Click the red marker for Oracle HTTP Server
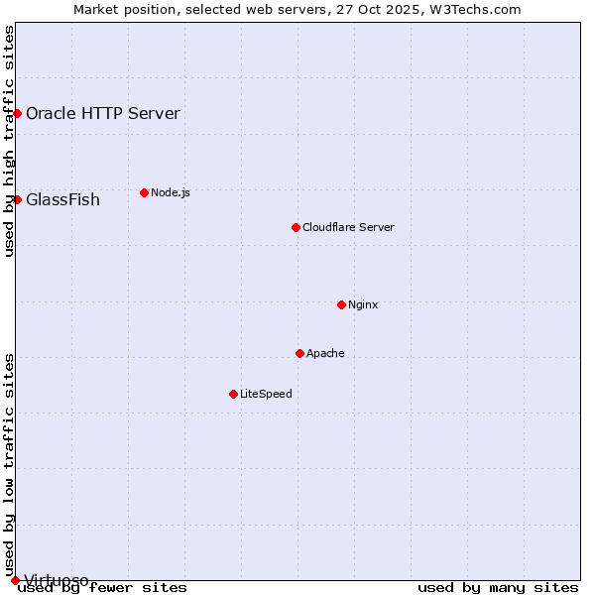(17, 113)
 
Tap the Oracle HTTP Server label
(103, 113)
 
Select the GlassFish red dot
(17, 199)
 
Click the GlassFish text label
(62, 199)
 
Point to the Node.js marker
(144, 192)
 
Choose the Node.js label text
(171, 192)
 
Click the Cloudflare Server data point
(296, 227)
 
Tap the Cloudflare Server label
(348, 227)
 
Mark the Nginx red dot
(341, 304)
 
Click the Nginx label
(363, 304)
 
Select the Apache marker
(299, 353)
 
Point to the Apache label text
(325, 353)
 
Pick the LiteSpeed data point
(233, 394)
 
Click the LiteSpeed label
(266, 394)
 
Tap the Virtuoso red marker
(15, 580)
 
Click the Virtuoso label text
(57, 580)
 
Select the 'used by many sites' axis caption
(498, 588)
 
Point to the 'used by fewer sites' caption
(102, 588)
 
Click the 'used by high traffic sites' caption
(9, 141)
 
